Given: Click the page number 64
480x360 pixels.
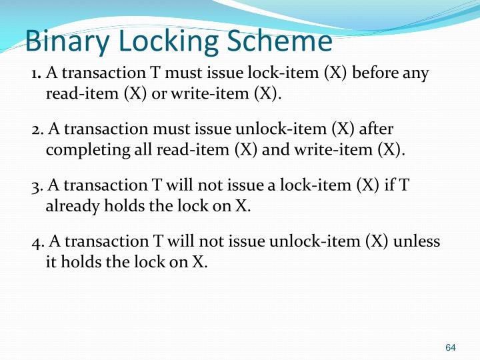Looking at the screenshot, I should pyautogui.click(x=451, y=347).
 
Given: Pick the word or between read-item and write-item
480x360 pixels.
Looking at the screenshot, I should pyautogui.click(x=159, y=93).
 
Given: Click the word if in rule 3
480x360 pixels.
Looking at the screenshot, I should pyautogui.click(x=388, y=185).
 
